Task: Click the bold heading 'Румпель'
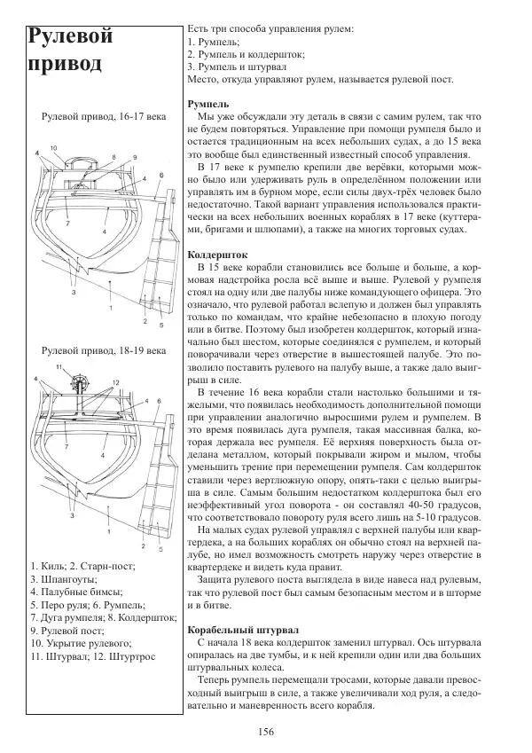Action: (211, 104)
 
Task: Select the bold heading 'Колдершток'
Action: (217, 255)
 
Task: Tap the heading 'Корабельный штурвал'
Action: (242, 628)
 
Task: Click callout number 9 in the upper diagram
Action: (136, 155)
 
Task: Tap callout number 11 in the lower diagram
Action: (59, 366)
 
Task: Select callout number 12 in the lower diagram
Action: (115, 382)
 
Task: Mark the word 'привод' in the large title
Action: (63, 65)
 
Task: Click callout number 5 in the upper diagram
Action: (161, 323)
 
